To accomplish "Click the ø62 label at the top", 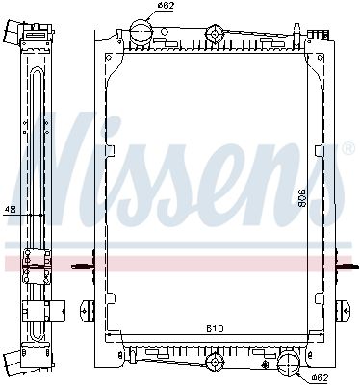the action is (166, 5).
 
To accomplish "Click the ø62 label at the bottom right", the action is (320, 377).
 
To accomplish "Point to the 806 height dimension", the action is (302, 198).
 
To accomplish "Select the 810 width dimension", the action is (215, 329).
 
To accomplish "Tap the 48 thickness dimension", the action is (11, 210).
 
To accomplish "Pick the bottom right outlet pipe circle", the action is (289, 364).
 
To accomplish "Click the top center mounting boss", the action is (215, 34).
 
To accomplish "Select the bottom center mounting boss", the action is (214, 362).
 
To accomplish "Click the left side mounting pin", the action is (82, 266).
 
